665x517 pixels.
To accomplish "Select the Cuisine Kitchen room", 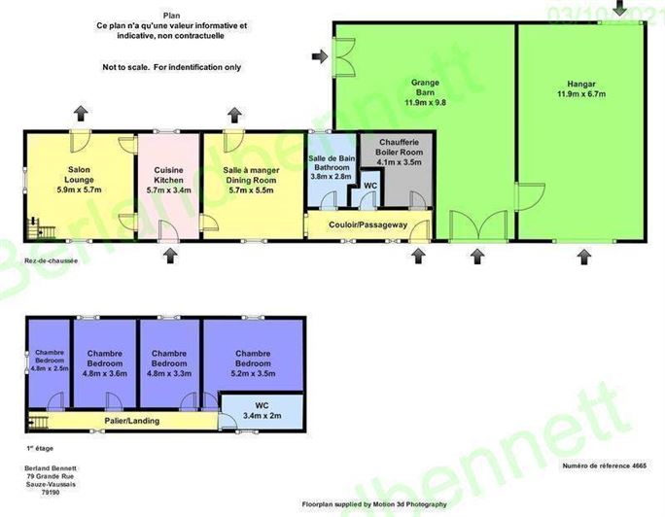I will (x=168, y=185).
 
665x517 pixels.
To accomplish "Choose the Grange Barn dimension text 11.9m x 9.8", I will (x=427, y=101).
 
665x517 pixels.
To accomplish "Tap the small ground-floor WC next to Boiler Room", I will (x=370, y=186).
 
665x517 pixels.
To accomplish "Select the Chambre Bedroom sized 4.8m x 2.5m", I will (x=49, y=360).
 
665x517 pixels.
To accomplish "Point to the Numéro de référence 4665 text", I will (x=604, y=465).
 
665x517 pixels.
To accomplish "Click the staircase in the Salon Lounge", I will (x=41, y=232).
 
